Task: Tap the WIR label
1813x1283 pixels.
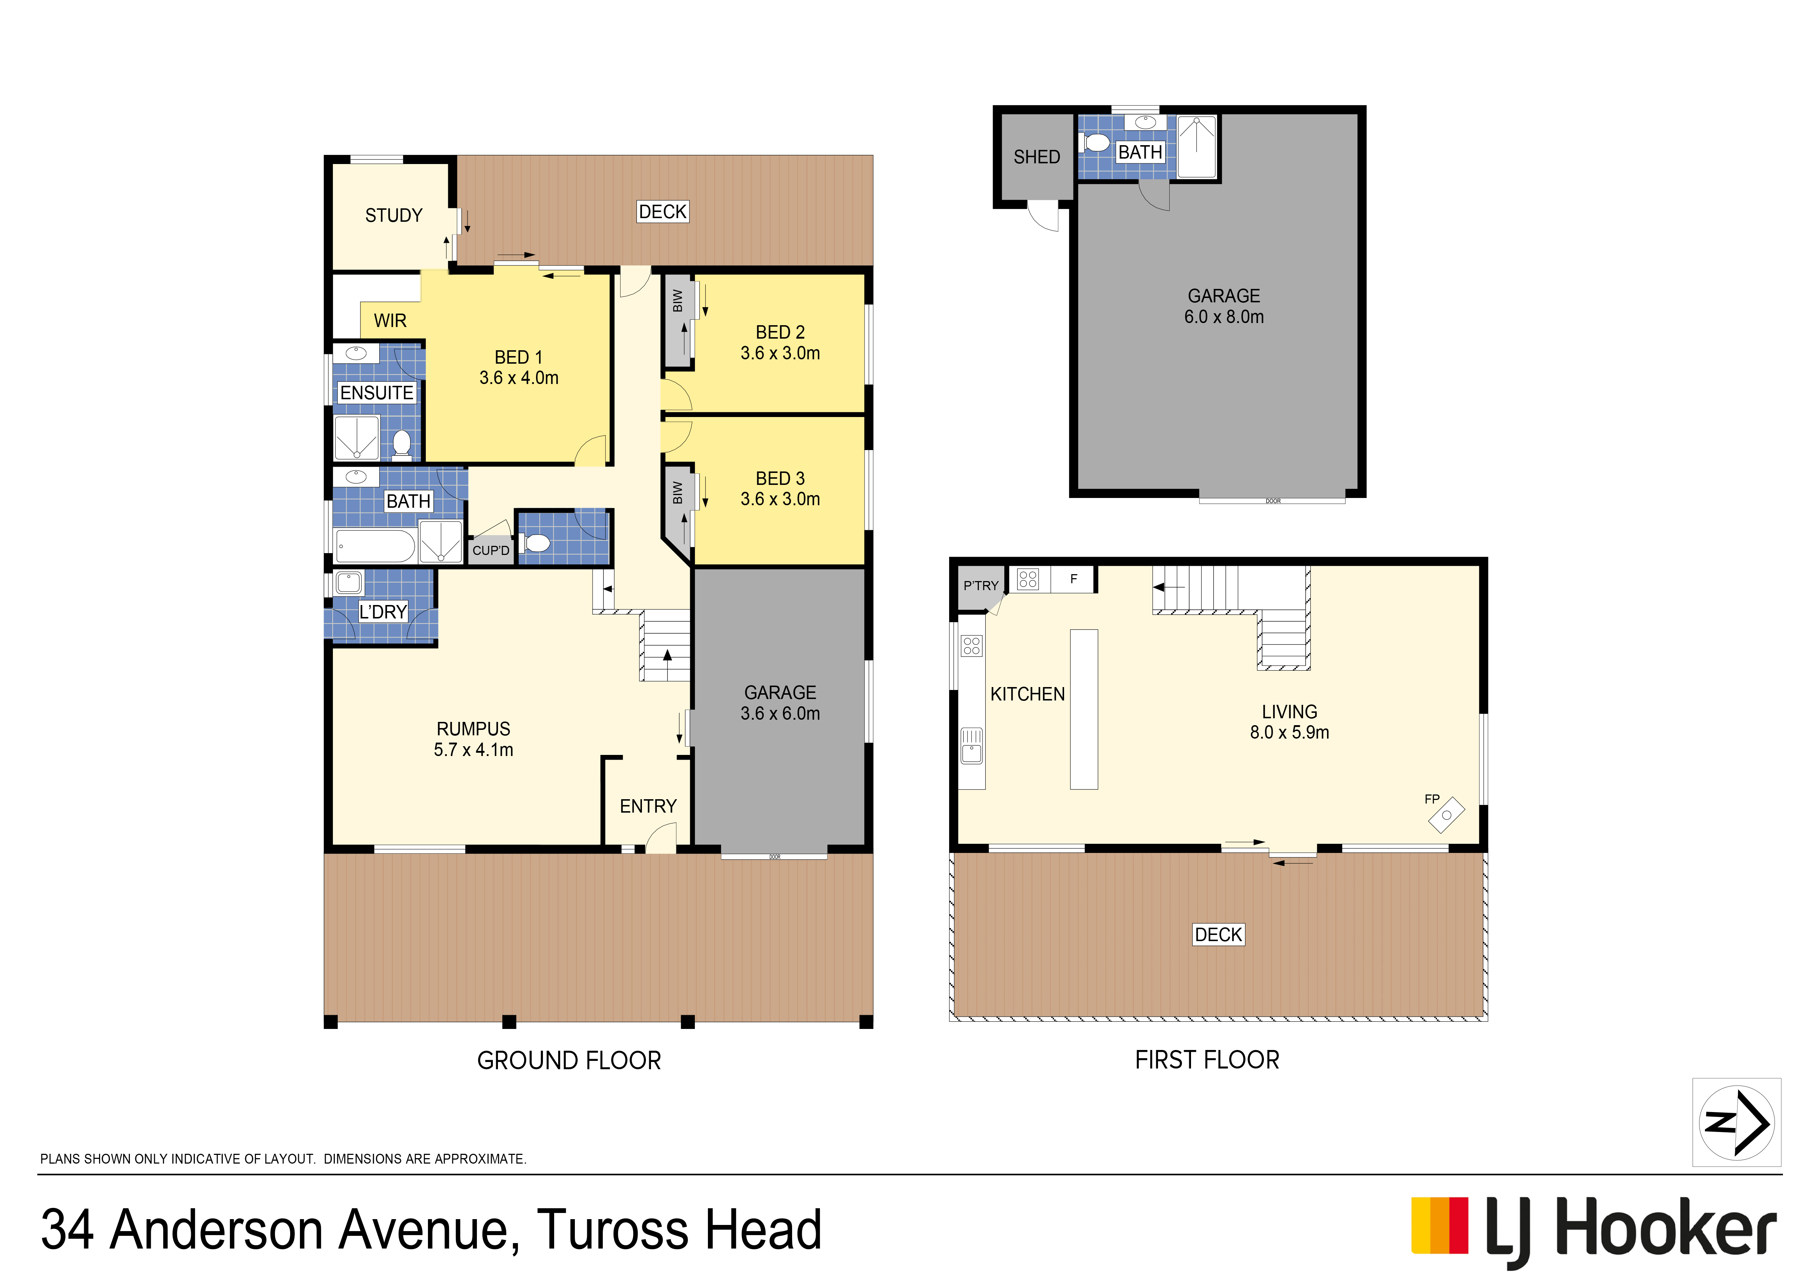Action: tap(390, 321)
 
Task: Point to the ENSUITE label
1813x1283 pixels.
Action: tap(377, 393)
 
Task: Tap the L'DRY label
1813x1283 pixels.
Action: tap(383, 612)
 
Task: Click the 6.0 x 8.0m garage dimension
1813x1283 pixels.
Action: tap(1224, 317)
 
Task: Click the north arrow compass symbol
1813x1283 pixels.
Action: tap(1736, 1123)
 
